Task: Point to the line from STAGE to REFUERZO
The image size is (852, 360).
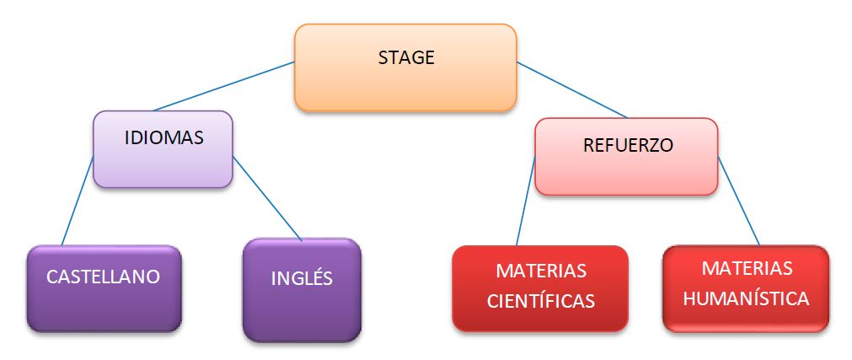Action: pyautogui.click(x=573, y=90)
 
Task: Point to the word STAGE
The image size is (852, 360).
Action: pyautogui.click(x=406, y=58)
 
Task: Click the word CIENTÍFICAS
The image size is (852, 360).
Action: pyautogui.click(x=541, y=301)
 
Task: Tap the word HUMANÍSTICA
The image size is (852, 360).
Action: pyautogui.click(x=746, y=298)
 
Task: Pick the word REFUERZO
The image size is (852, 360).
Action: pyautogui.click(x=628, y=145)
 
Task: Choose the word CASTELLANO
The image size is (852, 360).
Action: pyautogui.click(x=103, y=277)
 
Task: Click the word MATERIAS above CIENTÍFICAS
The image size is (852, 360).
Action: pyautogui.click(x=541, y=271)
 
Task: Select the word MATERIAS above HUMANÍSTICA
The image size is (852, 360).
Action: pyautogui.click(x=747, y=268)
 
